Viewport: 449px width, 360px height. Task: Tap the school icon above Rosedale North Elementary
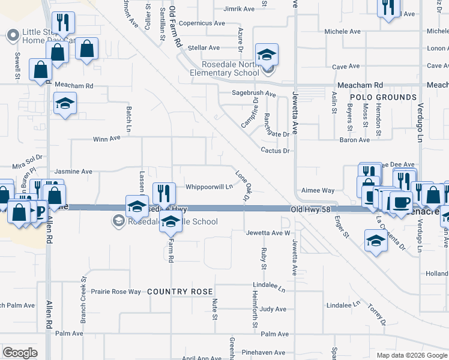[x=267, y=55]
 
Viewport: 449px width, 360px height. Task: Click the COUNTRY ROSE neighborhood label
[x=179, y=291]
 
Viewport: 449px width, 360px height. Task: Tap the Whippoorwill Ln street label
[x=209, y=187]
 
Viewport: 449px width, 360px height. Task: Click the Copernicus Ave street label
[x=202, y=23]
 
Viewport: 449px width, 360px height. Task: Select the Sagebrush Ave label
[x=254, y=94]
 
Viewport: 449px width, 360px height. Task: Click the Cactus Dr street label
[x=276, y=151]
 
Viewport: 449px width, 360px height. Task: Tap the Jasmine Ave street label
[x=73, y=172]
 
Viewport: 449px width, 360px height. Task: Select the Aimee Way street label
[x=318, y=190]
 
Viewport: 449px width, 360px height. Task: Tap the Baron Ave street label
[x=355, y=140]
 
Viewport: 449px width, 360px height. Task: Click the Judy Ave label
[x=273, y=309]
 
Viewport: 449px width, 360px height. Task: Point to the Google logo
[x=20, y=353]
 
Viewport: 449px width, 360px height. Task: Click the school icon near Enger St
[x=376, y=241]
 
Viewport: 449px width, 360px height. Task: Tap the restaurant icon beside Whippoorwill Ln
[x=164, y=193]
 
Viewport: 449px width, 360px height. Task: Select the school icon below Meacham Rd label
[x=65, y=104]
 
